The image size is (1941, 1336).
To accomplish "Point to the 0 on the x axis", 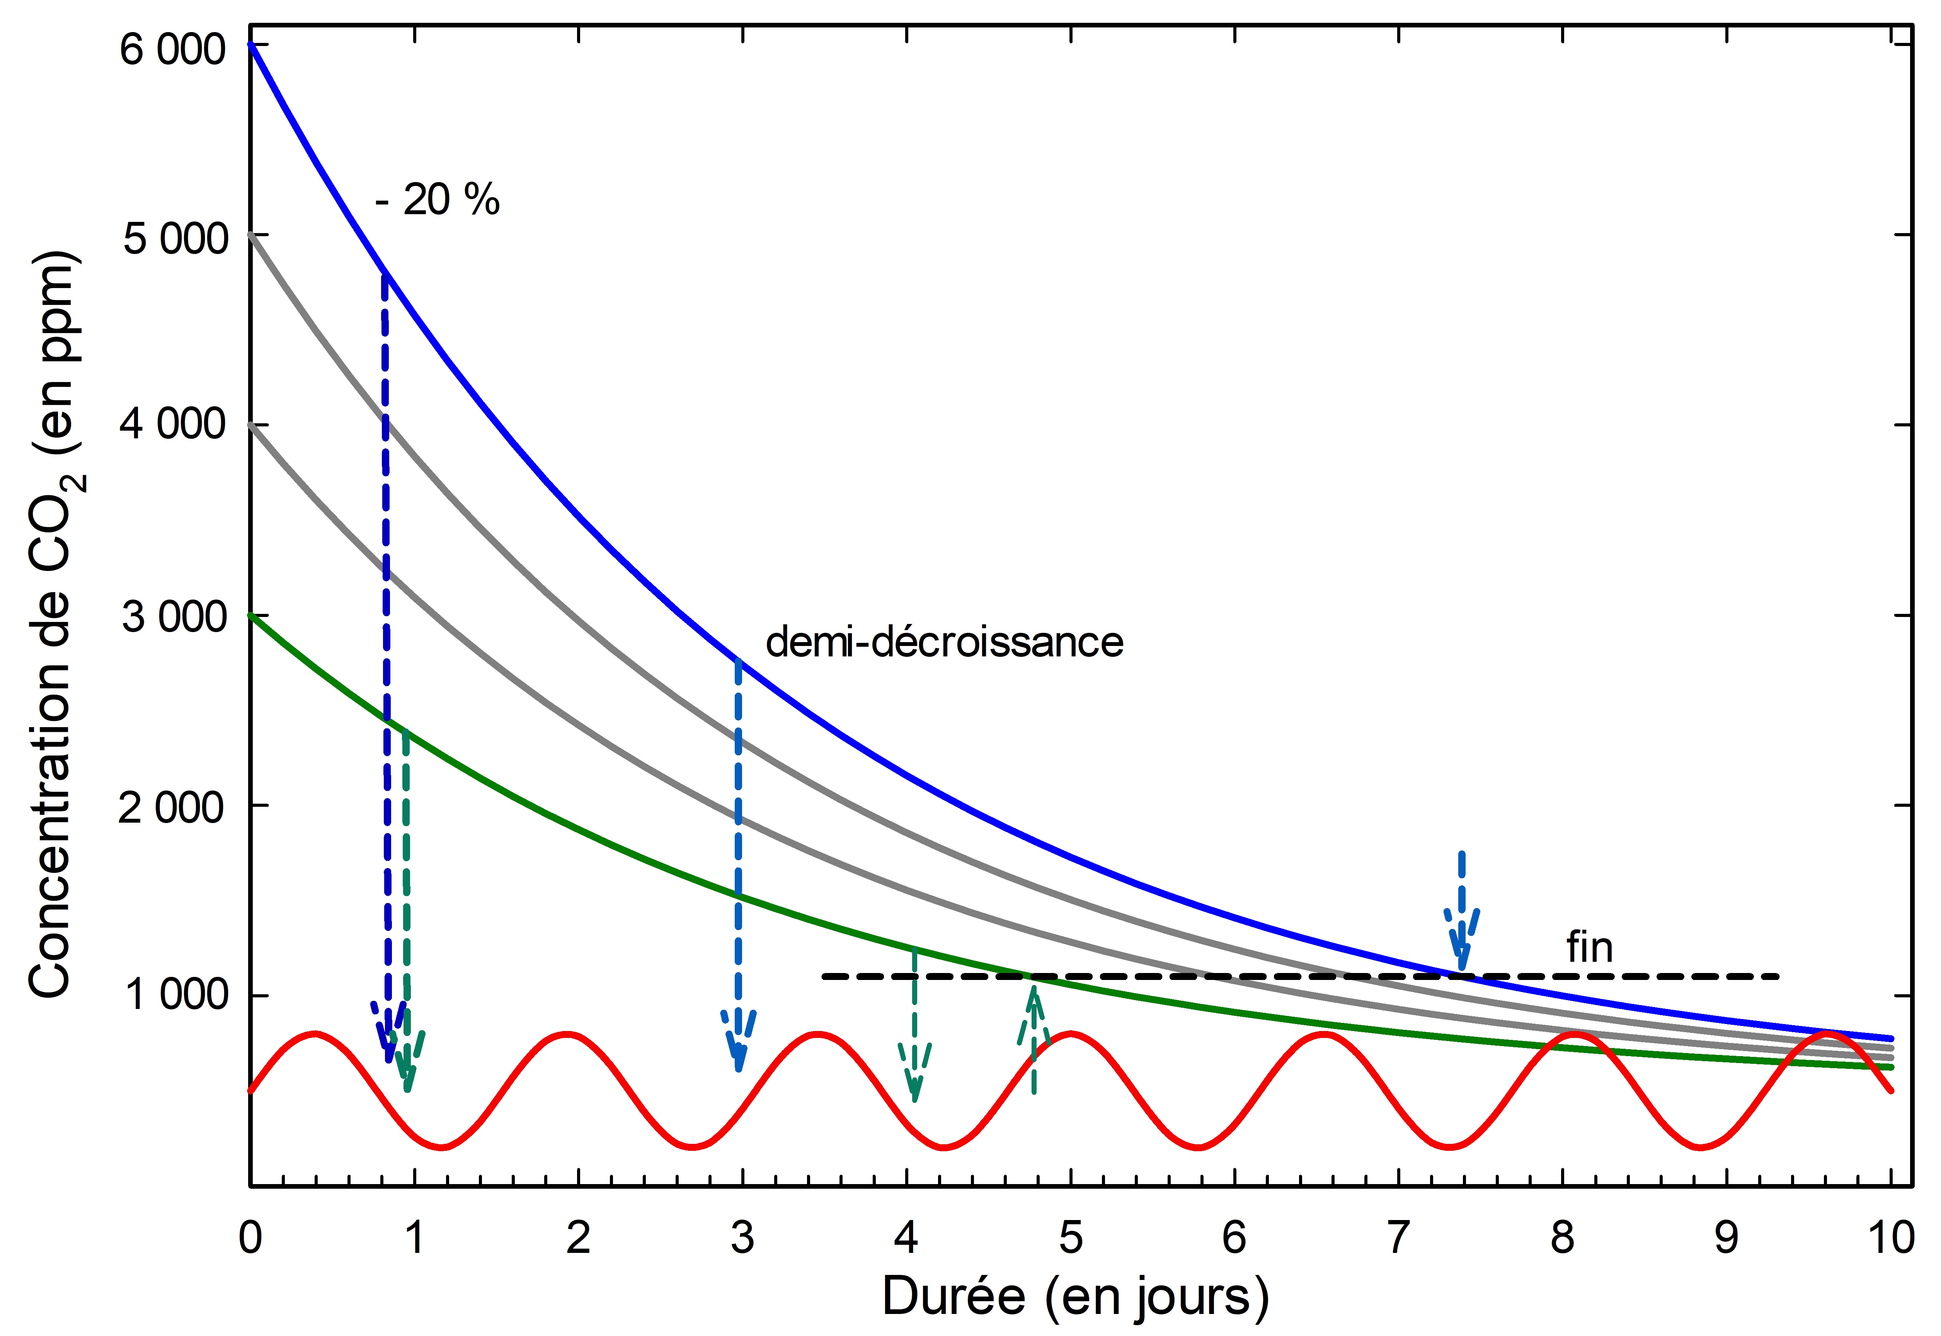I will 249,1237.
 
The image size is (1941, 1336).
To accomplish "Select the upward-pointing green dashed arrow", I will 1034,1038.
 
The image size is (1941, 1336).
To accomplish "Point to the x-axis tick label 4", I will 906,1237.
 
